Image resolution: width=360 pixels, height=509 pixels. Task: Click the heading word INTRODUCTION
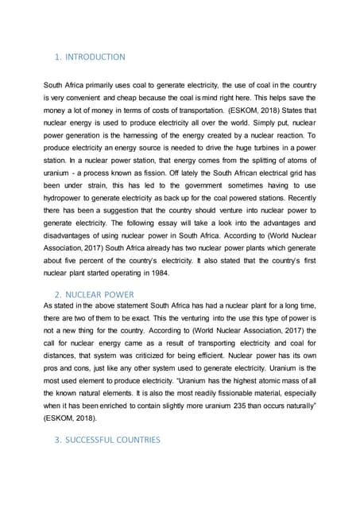pos(95,57)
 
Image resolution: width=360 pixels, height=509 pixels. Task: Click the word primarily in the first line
pos(107,85)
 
